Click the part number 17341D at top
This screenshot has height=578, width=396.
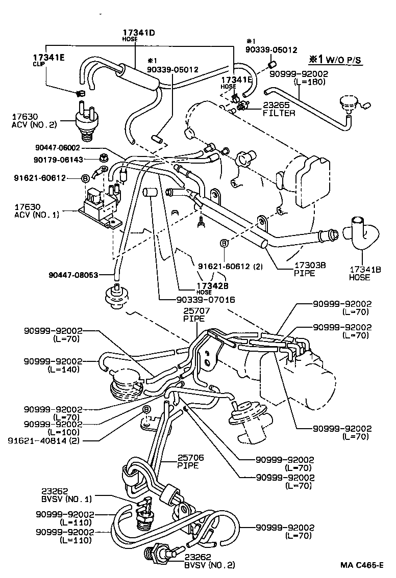(138, 33)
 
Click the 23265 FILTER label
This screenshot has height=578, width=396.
(279, 109)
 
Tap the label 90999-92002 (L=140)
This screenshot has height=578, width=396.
(59, 365)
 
